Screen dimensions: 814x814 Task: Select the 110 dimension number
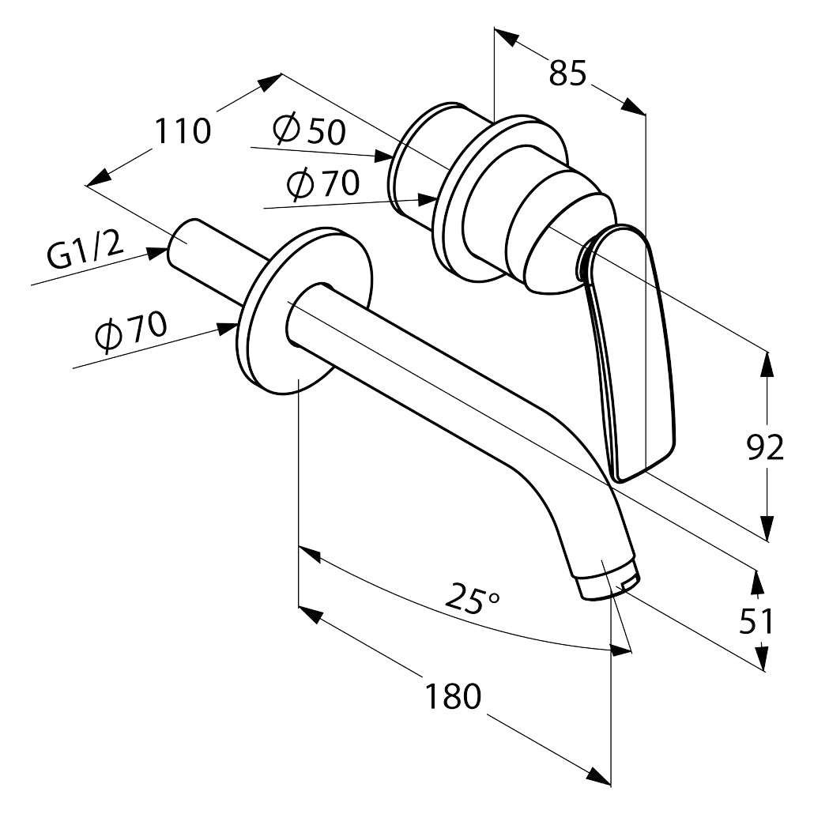183,131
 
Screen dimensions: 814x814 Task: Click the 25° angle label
472,597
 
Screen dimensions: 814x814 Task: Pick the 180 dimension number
453,696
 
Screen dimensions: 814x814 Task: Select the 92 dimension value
765,447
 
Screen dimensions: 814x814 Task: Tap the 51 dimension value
756,621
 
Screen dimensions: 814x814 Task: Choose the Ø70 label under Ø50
323,184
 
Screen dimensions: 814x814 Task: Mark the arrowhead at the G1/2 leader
156,253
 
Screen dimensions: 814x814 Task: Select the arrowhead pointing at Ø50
383,156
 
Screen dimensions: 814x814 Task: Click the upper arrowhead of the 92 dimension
767,364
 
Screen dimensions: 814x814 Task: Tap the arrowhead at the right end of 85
633,106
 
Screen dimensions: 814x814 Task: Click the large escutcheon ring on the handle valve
498,201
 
